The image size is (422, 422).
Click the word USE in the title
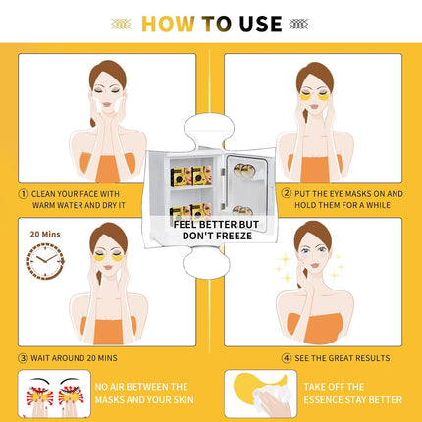[x=257, y=24]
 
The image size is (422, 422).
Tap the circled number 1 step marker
[x=24, y=193]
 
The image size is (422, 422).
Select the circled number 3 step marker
[x=24, y=358]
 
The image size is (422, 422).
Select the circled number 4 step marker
[x=287, y=358]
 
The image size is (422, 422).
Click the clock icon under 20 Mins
[x=45, y=261]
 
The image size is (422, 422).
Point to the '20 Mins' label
[x=45, y=235]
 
